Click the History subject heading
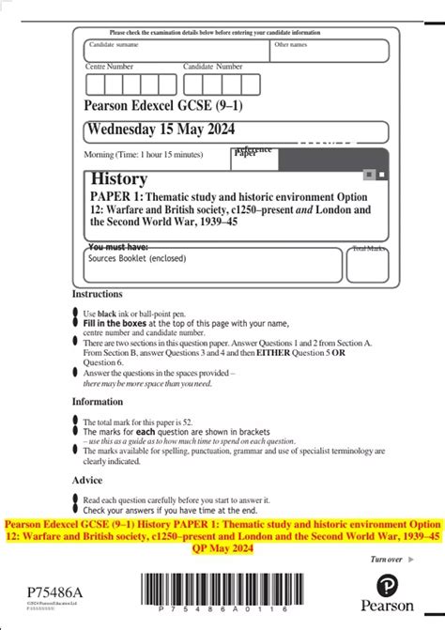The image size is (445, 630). point(118,178)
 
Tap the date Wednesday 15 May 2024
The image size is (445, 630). point(161,129)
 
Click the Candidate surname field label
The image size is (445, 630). point(114,45)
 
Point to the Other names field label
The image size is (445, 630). point(290,45)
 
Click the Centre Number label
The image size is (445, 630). point(110,67)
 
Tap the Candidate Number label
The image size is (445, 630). point(213,67)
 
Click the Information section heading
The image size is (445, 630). point(98,401)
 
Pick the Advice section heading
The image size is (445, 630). point(87,480)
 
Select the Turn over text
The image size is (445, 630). point(387,560)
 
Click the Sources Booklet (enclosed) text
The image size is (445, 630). point(133,255)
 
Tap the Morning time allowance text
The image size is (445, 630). point(143,154)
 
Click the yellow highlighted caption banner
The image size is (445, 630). point(222,535)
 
